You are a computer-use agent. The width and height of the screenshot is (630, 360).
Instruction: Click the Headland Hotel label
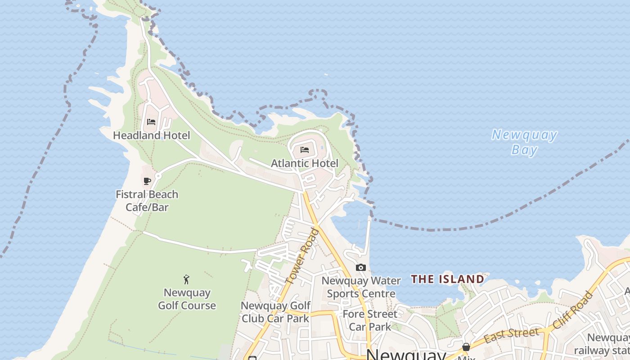(x=151, y=135)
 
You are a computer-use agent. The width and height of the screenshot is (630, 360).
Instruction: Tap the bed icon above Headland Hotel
(x=151, y=122)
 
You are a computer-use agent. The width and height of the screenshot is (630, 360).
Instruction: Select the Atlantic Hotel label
(x=304, y=163)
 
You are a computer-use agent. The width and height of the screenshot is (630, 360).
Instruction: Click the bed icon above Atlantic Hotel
(x=305, y=149)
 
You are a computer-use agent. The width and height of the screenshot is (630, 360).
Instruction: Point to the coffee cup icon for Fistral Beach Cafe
(x=147, y=181)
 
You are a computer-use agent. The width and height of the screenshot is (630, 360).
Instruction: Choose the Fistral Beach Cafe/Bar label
(x=147, y=201)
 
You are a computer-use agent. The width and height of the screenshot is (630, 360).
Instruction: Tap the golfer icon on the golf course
(x=187, y=279)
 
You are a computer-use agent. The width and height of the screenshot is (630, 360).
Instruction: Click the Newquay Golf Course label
(x=187, y=299)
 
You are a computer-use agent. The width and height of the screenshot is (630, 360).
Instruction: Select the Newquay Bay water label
(x=524, y=142)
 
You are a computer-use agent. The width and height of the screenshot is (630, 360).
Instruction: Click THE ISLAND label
(x=448, y=279)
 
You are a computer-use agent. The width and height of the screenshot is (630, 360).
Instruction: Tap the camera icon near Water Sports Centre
(x=360, y=268)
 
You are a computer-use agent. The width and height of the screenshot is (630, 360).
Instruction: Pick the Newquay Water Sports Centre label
(x=361, y=287)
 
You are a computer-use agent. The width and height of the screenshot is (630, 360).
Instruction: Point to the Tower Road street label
(x=302, y=256)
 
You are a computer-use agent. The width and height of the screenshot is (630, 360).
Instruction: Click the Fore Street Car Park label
(x=370, y=320)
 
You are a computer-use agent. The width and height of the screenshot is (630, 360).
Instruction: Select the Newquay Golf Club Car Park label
(x=275, y=312)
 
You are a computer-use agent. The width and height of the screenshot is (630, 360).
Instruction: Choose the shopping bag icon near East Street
(x=466, y=347)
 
